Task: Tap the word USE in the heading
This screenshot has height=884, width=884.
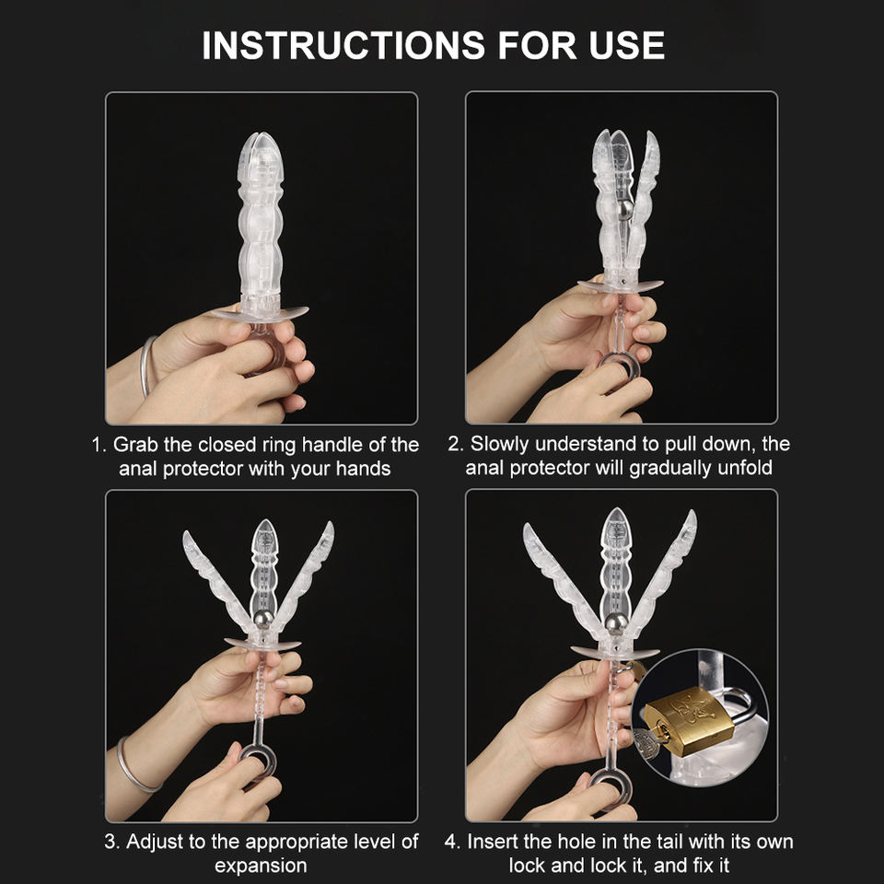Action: pos(627,45)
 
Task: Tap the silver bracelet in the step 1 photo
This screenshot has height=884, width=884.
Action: pos(146,366)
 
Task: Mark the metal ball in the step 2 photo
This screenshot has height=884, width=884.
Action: pos(624,210)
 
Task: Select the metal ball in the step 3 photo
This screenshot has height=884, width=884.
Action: pos(263,619)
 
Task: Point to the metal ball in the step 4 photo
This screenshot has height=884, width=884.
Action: pos(616,623)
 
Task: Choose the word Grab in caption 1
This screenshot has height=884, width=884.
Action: pos(135,445)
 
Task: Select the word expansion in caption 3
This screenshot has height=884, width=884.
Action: pos(261,866)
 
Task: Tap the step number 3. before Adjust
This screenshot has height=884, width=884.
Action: pos(111,842)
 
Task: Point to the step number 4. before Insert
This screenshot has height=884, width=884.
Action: pos(453,842)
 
